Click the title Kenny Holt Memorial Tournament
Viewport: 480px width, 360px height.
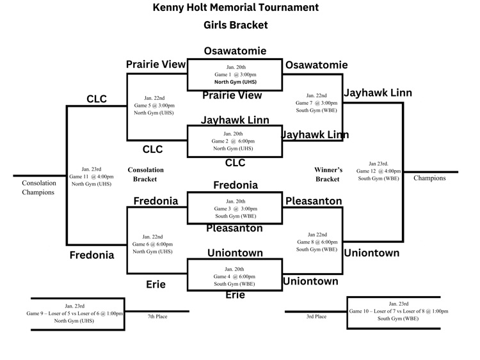(x=235, y=8)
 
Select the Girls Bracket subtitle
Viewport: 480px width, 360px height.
(x=235, y=26)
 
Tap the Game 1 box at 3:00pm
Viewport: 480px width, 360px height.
(x=234, y=75)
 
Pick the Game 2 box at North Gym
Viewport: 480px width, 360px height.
(x=234, y=141)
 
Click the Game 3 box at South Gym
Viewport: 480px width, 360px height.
(x=234, y=208)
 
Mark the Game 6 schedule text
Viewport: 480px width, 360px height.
(x=153, y=244)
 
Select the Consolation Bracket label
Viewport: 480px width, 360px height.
(x=146, y=175)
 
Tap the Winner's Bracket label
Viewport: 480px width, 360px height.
(x=328, y=174)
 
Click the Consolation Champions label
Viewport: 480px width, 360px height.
(x=39, y=187)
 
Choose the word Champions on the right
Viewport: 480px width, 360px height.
(x=429, y=178)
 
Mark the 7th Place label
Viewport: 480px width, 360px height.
(x=157, y=316)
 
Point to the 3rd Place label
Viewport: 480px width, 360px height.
(x=316, y=316)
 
